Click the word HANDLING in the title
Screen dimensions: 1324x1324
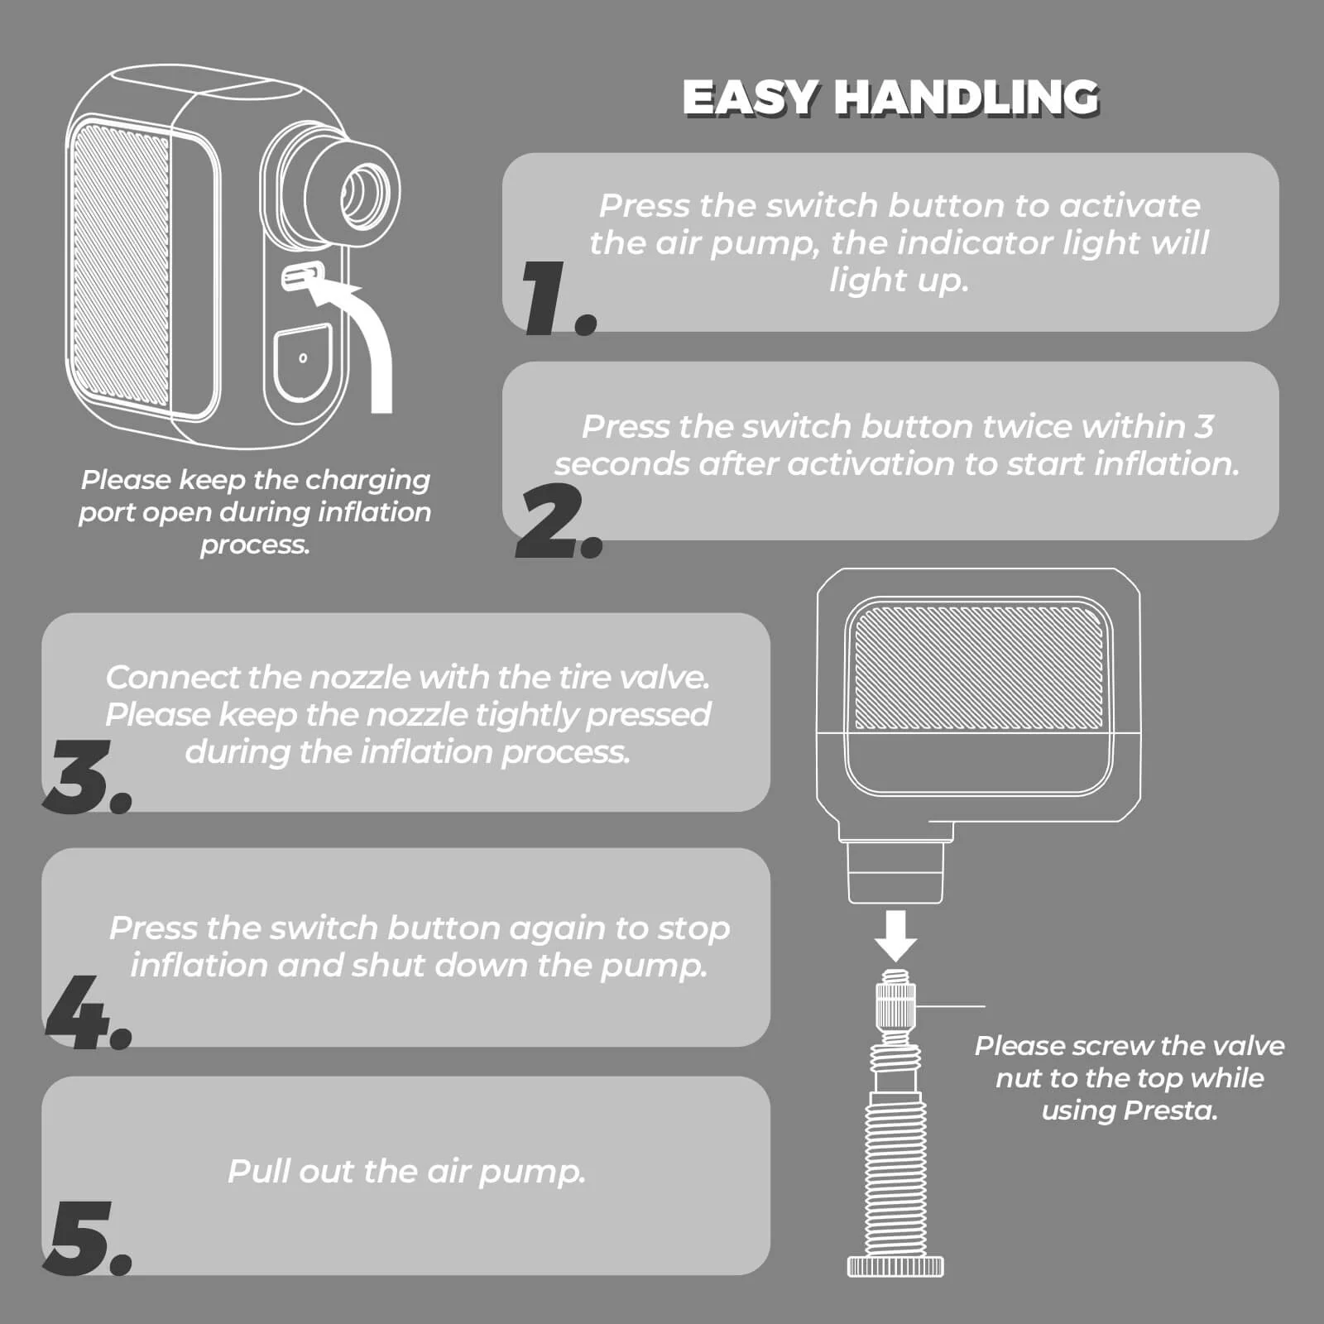[x=966, y=98]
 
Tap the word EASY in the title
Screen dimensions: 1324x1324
[x=751, y=98]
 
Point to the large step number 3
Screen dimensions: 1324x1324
[x=88, y=776]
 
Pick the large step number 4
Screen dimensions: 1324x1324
[x=88, y=1012]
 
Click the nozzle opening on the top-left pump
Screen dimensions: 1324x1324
[x=364, y=195]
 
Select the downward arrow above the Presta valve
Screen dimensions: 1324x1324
[x=896, y=935]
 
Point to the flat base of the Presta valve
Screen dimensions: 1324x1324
[x=895, y=1265]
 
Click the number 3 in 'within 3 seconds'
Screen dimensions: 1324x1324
[x=1204, y=427]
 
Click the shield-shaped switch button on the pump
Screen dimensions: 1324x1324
[x=303, y=362]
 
